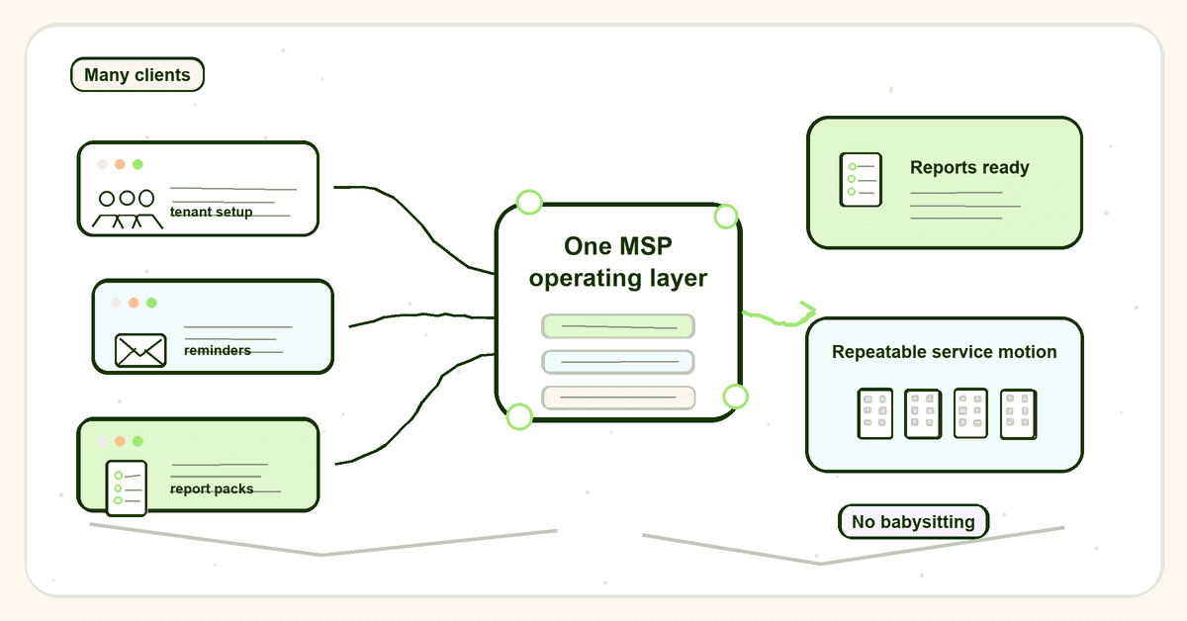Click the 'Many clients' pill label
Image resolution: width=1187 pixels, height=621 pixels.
pos(137,75)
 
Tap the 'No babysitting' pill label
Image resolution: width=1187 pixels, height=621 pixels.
pos(913,522)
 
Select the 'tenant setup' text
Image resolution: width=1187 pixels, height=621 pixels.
pos(211,212)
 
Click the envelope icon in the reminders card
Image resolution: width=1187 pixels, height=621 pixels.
pos(140,350)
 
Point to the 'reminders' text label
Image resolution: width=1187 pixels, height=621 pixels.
pos(218,350)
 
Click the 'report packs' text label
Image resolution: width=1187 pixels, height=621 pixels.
pos(212,488)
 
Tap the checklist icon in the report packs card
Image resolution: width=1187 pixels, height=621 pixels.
pos(127,488)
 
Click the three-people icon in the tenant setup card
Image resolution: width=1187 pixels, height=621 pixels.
pos(128,210)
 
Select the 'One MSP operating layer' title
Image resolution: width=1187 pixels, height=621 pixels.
pos(618,262)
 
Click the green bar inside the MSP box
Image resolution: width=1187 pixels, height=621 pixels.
pos(618,326)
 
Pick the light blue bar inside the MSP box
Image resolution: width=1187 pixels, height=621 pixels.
pos(618,362)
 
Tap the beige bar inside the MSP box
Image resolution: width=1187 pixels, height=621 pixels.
pos(618,398)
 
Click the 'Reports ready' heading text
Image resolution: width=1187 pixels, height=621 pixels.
pos(969,167)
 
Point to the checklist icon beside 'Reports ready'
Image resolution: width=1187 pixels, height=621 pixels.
pos(861,180)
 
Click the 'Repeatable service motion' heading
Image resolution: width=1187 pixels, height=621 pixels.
pos(945,352)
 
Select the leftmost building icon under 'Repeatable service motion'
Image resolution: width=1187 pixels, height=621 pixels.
pos(874,413)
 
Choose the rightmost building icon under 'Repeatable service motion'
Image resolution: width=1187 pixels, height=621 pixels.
pos(1019,414)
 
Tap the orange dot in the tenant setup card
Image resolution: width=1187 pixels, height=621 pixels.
pos(121,164)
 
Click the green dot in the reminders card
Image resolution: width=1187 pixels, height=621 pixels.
pos(151,303)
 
